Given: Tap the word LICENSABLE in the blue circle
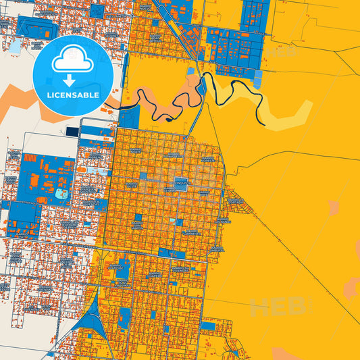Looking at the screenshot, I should tap(73, 94).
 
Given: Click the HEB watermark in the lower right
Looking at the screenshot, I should tap(277, 308).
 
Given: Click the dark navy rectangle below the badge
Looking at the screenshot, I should tap(72, 131).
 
